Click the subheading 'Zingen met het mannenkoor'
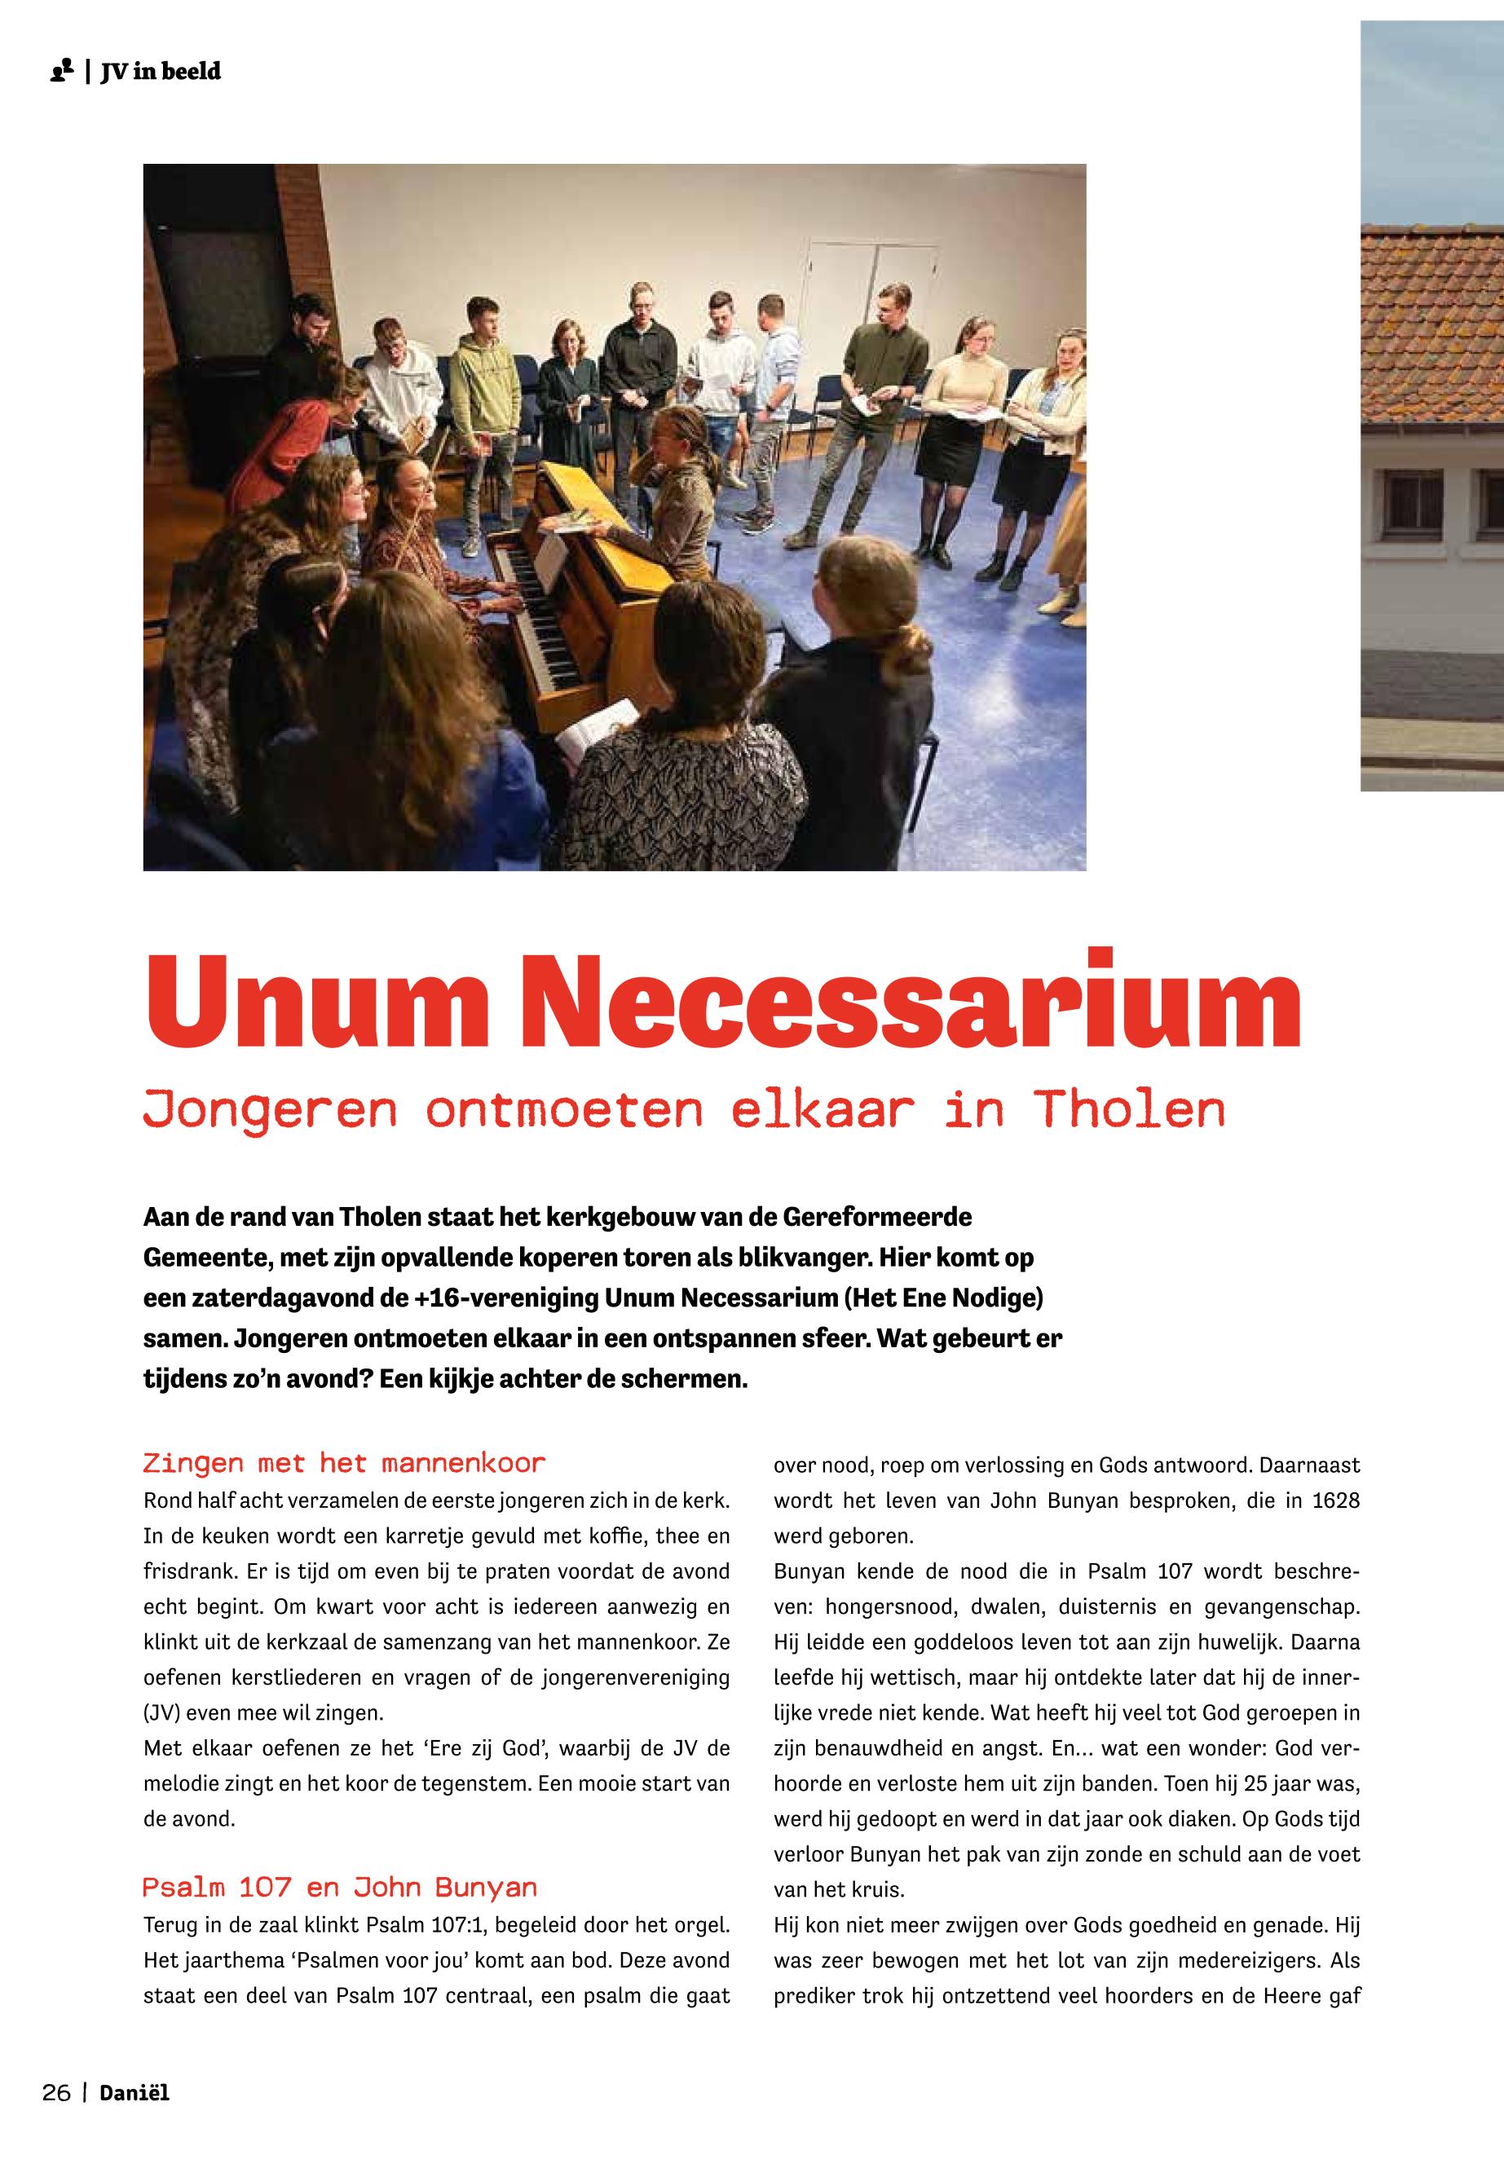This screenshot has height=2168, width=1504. click(x=344, y=1463)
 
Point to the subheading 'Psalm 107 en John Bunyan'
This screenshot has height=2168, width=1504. click(x=339, y=1888)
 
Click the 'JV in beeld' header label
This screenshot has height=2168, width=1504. click(x=161, y=72)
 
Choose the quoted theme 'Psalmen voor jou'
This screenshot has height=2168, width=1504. click(x=374, y=1961)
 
